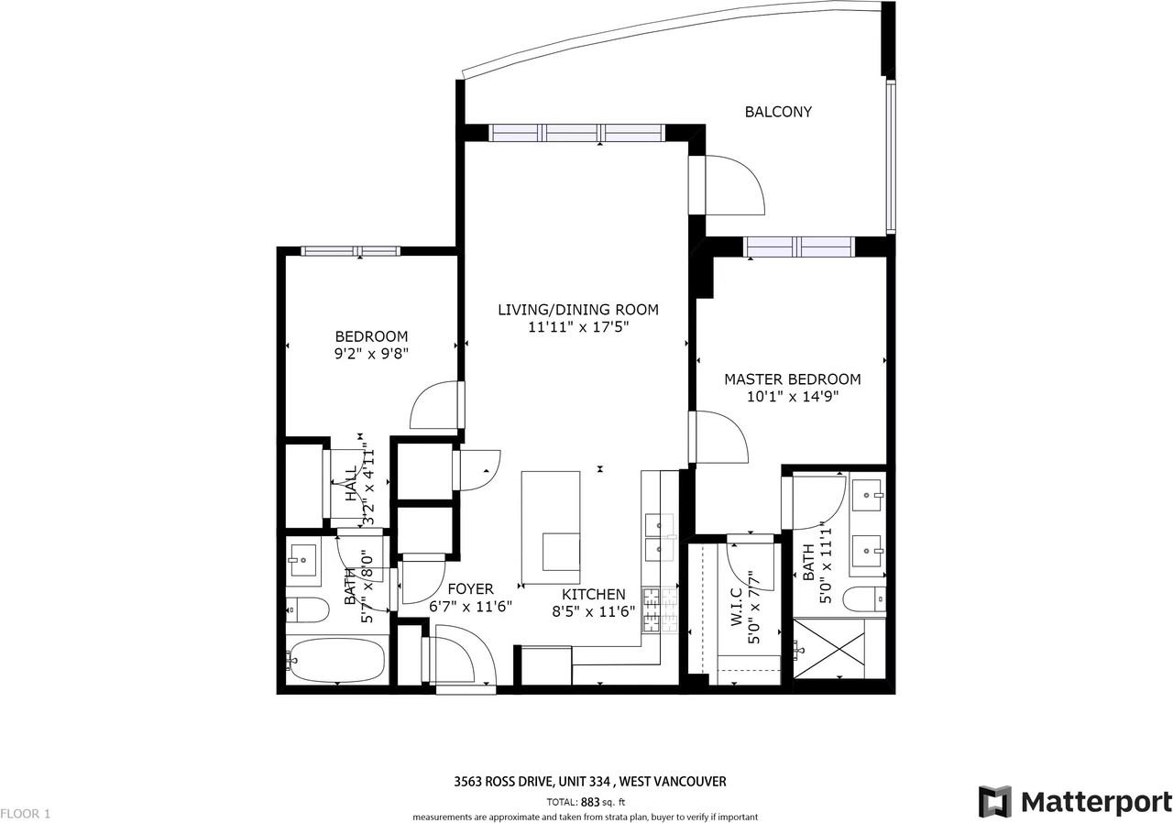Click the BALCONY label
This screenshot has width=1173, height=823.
coord(778,112)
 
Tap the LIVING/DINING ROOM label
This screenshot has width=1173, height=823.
coord(577,310)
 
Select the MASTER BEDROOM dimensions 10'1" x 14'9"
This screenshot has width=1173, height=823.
coord(793,397)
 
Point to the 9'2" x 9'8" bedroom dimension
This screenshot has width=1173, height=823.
coord(371,354)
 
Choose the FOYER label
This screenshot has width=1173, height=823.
coord(471,589)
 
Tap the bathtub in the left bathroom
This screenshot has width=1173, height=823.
coord(335,658)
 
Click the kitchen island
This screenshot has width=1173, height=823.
coord(551,527)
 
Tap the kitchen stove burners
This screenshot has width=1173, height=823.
coord(652,609)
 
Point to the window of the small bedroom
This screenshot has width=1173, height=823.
coord(351,251)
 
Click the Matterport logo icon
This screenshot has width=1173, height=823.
coord(995,802)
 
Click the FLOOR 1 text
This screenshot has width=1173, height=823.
coord(26,813)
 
